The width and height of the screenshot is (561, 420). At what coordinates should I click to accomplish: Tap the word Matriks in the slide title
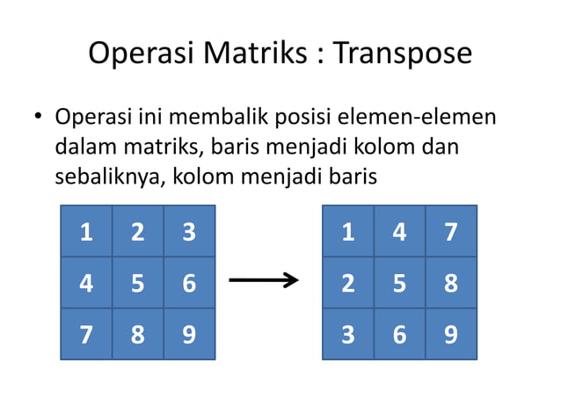pyautogui.click(x=257, y=54)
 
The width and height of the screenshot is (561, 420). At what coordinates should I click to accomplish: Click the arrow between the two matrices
pyautogui.click(x=264, y=282)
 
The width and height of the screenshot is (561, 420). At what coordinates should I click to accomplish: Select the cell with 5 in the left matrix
pyautogui.click(x=137, y=283)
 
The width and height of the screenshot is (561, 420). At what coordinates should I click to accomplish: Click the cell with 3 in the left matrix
pyautogui.click(x=188, y=232)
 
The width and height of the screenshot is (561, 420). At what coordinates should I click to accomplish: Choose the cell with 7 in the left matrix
pyautogui.click(x=85, y=334)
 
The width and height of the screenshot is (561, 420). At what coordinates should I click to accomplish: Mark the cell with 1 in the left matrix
pyautogui.click(x=85, y=232)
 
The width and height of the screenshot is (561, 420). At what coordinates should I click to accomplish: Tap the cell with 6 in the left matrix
pyautogui.click(x=188, y=283)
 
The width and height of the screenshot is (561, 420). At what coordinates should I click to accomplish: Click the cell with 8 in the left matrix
pyautogui.click(x=137, y=334)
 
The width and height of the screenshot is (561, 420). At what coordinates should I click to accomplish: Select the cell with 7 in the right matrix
pyautogui.click(x=451, y=232)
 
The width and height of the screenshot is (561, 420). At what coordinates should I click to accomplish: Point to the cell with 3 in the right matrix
pyautogui.click(x=348, y=334)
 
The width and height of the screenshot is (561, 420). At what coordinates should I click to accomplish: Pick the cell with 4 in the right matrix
pyautogui.click(x=399, y=232)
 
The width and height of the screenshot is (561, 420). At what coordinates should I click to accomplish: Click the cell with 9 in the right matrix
pyautogui.click(x=451, y=334)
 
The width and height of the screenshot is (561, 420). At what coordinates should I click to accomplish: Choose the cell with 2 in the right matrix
pyautogui.click(x=348, y=283)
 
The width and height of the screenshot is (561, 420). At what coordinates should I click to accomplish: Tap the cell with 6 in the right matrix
pyautogui.click(x=399, y=334)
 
